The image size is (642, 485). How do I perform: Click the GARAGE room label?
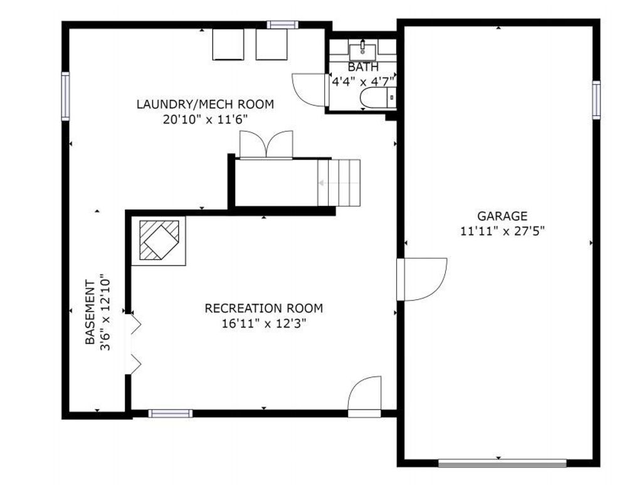pos(502,216)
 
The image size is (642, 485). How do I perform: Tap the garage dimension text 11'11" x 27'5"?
pos(502,232)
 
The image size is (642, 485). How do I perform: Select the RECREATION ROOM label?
pos(264,308)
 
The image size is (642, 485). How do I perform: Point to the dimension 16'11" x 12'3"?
pos(264,324)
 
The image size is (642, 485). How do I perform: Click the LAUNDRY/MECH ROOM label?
pos(205,104)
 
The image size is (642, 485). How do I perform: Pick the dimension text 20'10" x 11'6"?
pos(205,120)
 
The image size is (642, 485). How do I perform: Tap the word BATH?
pos(363,67)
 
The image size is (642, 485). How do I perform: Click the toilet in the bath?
pos(377,98)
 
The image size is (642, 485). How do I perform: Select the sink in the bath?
pos(362,51)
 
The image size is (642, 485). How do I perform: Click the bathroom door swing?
pos(308,90)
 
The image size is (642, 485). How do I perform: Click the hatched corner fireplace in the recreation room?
pos(159,241)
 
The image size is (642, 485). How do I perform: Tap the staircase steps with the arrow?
pos(339,183)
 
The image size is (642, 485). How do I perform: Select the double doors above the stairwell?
pos(266,144)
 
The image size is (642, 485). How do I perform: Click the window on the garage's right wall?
pos(596,100)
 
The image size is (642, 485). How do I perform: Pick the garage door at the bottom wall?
pos(502,463)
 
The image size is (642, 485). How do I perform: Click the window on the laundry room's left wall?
pos(65,96)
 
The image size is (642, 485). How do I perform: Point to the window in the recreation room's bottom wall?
pos(171,413)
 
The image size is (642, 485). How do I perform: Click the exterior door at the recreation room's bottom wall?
pos(364,397)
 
